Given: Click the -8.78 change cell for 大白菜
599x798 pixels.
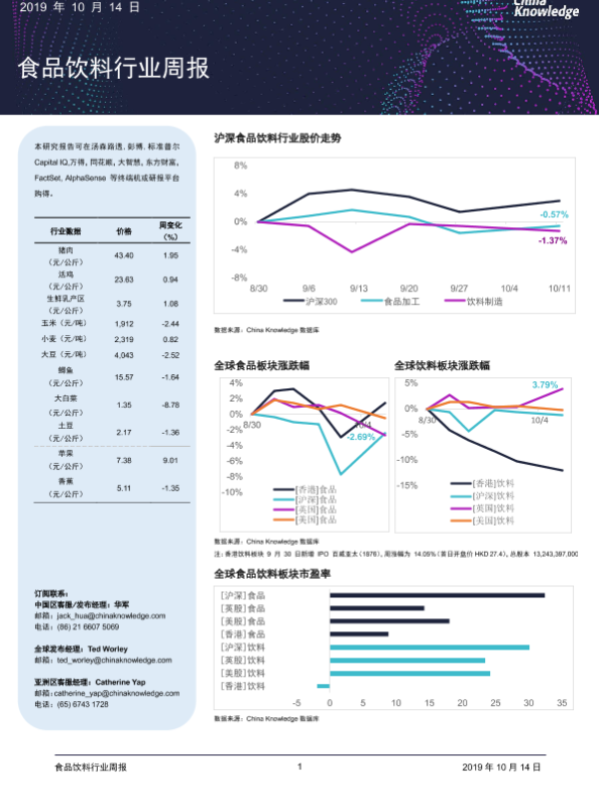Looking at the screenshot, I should point(170,405).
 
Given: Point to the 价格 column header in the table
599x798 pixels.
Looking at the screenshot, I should point(124,230).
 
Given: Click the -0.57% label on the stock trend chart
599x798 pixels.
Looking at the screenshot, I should point(553,214).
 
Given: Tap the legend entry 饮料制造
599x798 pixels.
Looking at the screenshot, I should point(485,300).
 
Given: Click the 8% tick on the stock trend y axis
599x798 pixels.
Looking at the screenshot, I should point(241,166).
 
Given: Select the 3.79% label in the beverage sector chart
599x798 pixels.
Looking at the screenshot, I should point(545,385).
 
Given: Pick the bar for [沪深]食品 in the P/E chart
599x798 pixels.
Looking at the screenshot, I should point(436,596).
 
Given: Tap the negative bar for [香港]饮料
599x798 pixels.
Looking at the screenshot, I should point(322,685).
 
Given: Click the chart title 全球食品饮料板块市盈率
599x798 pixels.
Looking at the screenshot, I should point(273,575).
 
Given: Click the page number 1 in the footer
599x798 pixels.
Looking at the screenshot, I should point(299,767).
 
